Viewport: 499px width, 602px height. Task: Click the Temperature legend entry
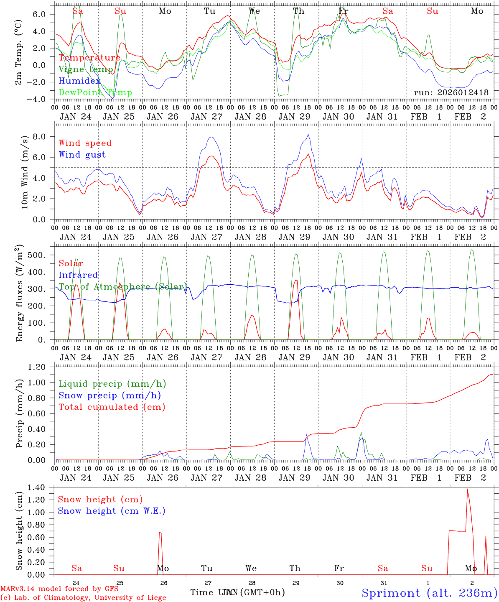coord(89,58)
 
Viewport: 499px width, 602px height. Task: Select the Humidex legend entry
coord(79,81)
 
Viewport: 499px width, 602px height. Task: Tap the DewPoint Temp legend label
coord(95,92)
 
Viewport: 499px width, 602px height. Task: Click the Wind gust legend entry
coord(82,155)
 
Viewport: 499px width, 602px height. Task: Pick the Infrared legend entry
coord(78,275)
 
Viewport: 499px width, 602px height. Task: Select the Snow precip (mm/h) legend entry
coord(109,395)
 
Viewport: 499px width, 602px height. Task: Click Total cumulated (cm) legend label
coord(112,407)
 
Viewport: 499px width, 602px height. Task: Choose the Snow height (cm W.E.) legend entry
coord(111,511)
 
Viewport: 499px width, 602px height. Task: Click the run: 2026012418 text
coord(451,92)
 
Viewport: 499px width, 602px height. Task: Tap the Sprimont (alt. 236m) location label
coord(429,593)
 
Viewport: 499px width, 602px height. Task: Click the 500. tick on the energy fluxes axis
coord(37,255)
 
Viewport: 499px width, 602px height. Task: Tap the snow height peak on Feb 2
coord(467,490)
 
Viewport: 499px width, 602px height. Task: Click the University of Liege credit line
coord(83,597)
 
